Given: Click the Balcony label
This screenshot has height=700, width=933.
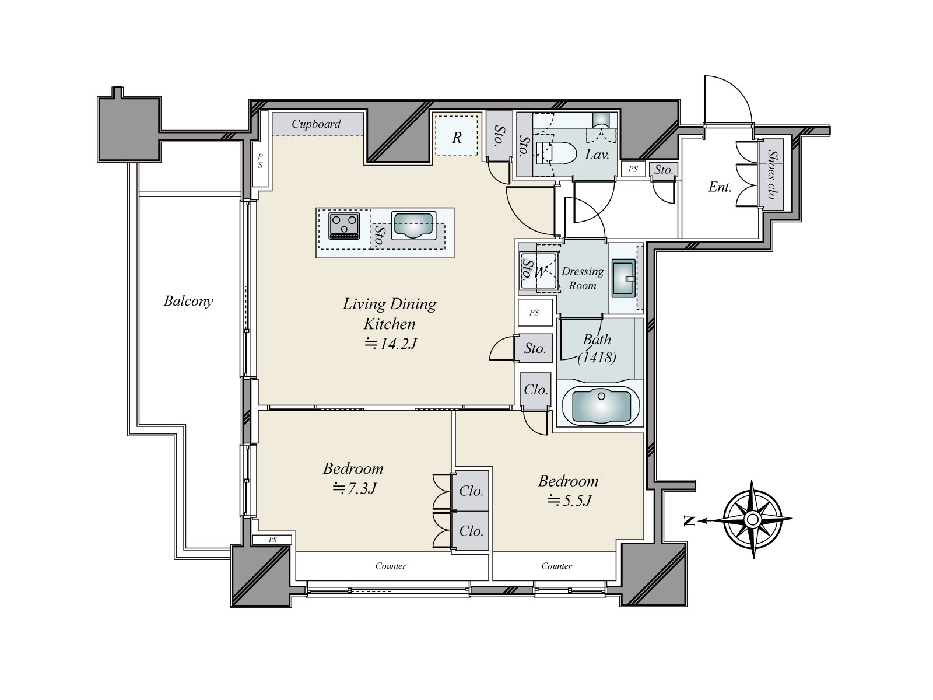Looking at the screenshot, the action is [188, 302].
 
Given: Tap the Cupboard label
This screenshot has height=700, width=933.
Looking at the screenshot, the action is [316, 124].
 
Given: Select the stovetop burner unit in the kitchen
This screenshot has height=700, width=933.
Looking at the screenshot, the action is [344, 226].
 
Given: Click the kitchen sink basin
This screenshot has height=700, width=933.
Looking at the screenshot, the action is [413, 225].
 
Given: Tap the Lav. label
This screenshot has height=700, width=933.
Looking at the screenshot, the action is [597, 155].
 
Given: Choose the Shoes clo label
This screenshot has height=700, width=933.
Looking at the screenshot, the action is [771, 174].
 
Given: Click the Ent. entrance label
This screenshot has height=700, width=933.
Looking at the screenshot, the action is [720, 187].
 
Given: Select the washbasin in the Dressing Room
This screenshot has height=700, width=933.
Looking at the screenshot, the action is [623, 278].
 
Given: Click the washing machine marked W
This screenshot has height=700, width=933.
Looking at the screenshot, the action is [539, 271].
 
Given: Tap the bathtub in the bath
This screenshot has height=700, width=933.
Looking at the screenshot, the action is [601, 407].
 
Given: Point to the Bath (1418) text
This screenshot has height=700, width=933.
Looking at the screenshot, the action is [597, 348].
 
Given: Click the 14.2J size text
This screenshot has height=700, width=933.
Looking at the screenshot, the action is [391, 344].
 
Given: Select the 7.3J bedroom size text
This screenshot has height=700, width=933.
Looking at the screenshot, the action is [355, 489].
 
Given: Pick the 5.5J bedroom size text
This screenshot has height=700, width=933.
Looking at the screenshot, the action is [570, 501].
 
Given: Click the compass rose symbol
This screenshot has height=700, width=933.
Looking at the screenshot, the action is [752, 519].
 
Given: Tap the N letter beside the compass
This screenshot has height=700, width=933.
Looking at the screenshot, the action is [689, 521].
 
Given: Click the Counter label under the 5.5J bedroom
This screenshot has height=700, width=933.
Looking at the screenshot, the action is [556, 566].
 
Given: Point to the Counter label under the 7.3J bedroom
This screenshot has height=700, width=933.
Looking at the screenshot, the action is [391, 566].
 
